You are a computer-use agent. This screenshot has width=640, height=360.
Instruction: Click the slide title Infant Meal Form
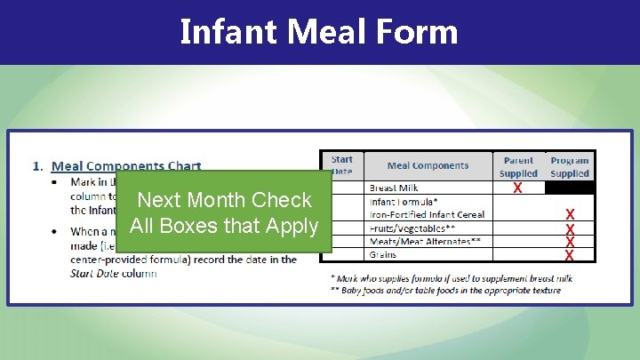319,32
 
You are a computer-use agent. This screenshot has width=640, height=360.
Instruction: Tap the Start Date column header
341,165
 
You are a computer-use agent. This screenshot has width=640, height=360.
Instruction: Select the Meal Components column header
428,165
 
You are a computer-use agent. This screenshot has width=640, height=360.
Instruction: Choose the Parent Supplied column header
518,167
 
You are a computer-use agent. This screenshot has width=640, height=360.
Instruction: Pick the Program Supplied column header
570,167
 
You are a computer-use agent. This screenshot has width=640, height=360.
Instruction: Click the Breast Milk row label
394,188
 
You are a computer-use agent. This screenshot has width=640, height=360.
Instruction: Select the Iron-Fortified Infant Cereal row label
427,214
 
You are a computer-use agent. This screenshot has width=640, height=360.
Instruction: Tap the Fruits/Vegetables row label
412,228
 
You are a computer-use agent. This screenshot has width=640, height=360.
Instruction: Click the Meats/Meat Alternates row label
425,241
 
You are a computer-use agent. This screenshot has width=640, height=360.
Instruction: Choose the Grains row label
383,255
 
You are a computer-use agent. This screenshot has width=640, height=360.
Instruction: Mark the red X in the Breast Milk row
517,188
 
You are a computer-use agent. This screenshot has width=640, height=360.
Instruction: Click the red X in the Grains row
570,256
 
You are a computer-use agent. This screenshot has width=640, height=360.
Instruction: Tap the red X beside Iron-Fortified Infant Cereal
570,215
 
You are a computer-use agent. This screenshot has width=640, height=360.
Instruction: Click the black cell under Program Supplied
570,188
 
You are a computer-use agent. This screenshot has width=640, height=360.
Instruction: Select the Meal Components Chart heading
126,165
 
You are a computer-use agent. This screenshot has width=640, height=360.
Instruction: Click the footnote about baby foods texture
445,291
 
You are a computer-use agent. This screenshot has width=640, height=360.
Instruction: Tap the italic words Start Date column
114,273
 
